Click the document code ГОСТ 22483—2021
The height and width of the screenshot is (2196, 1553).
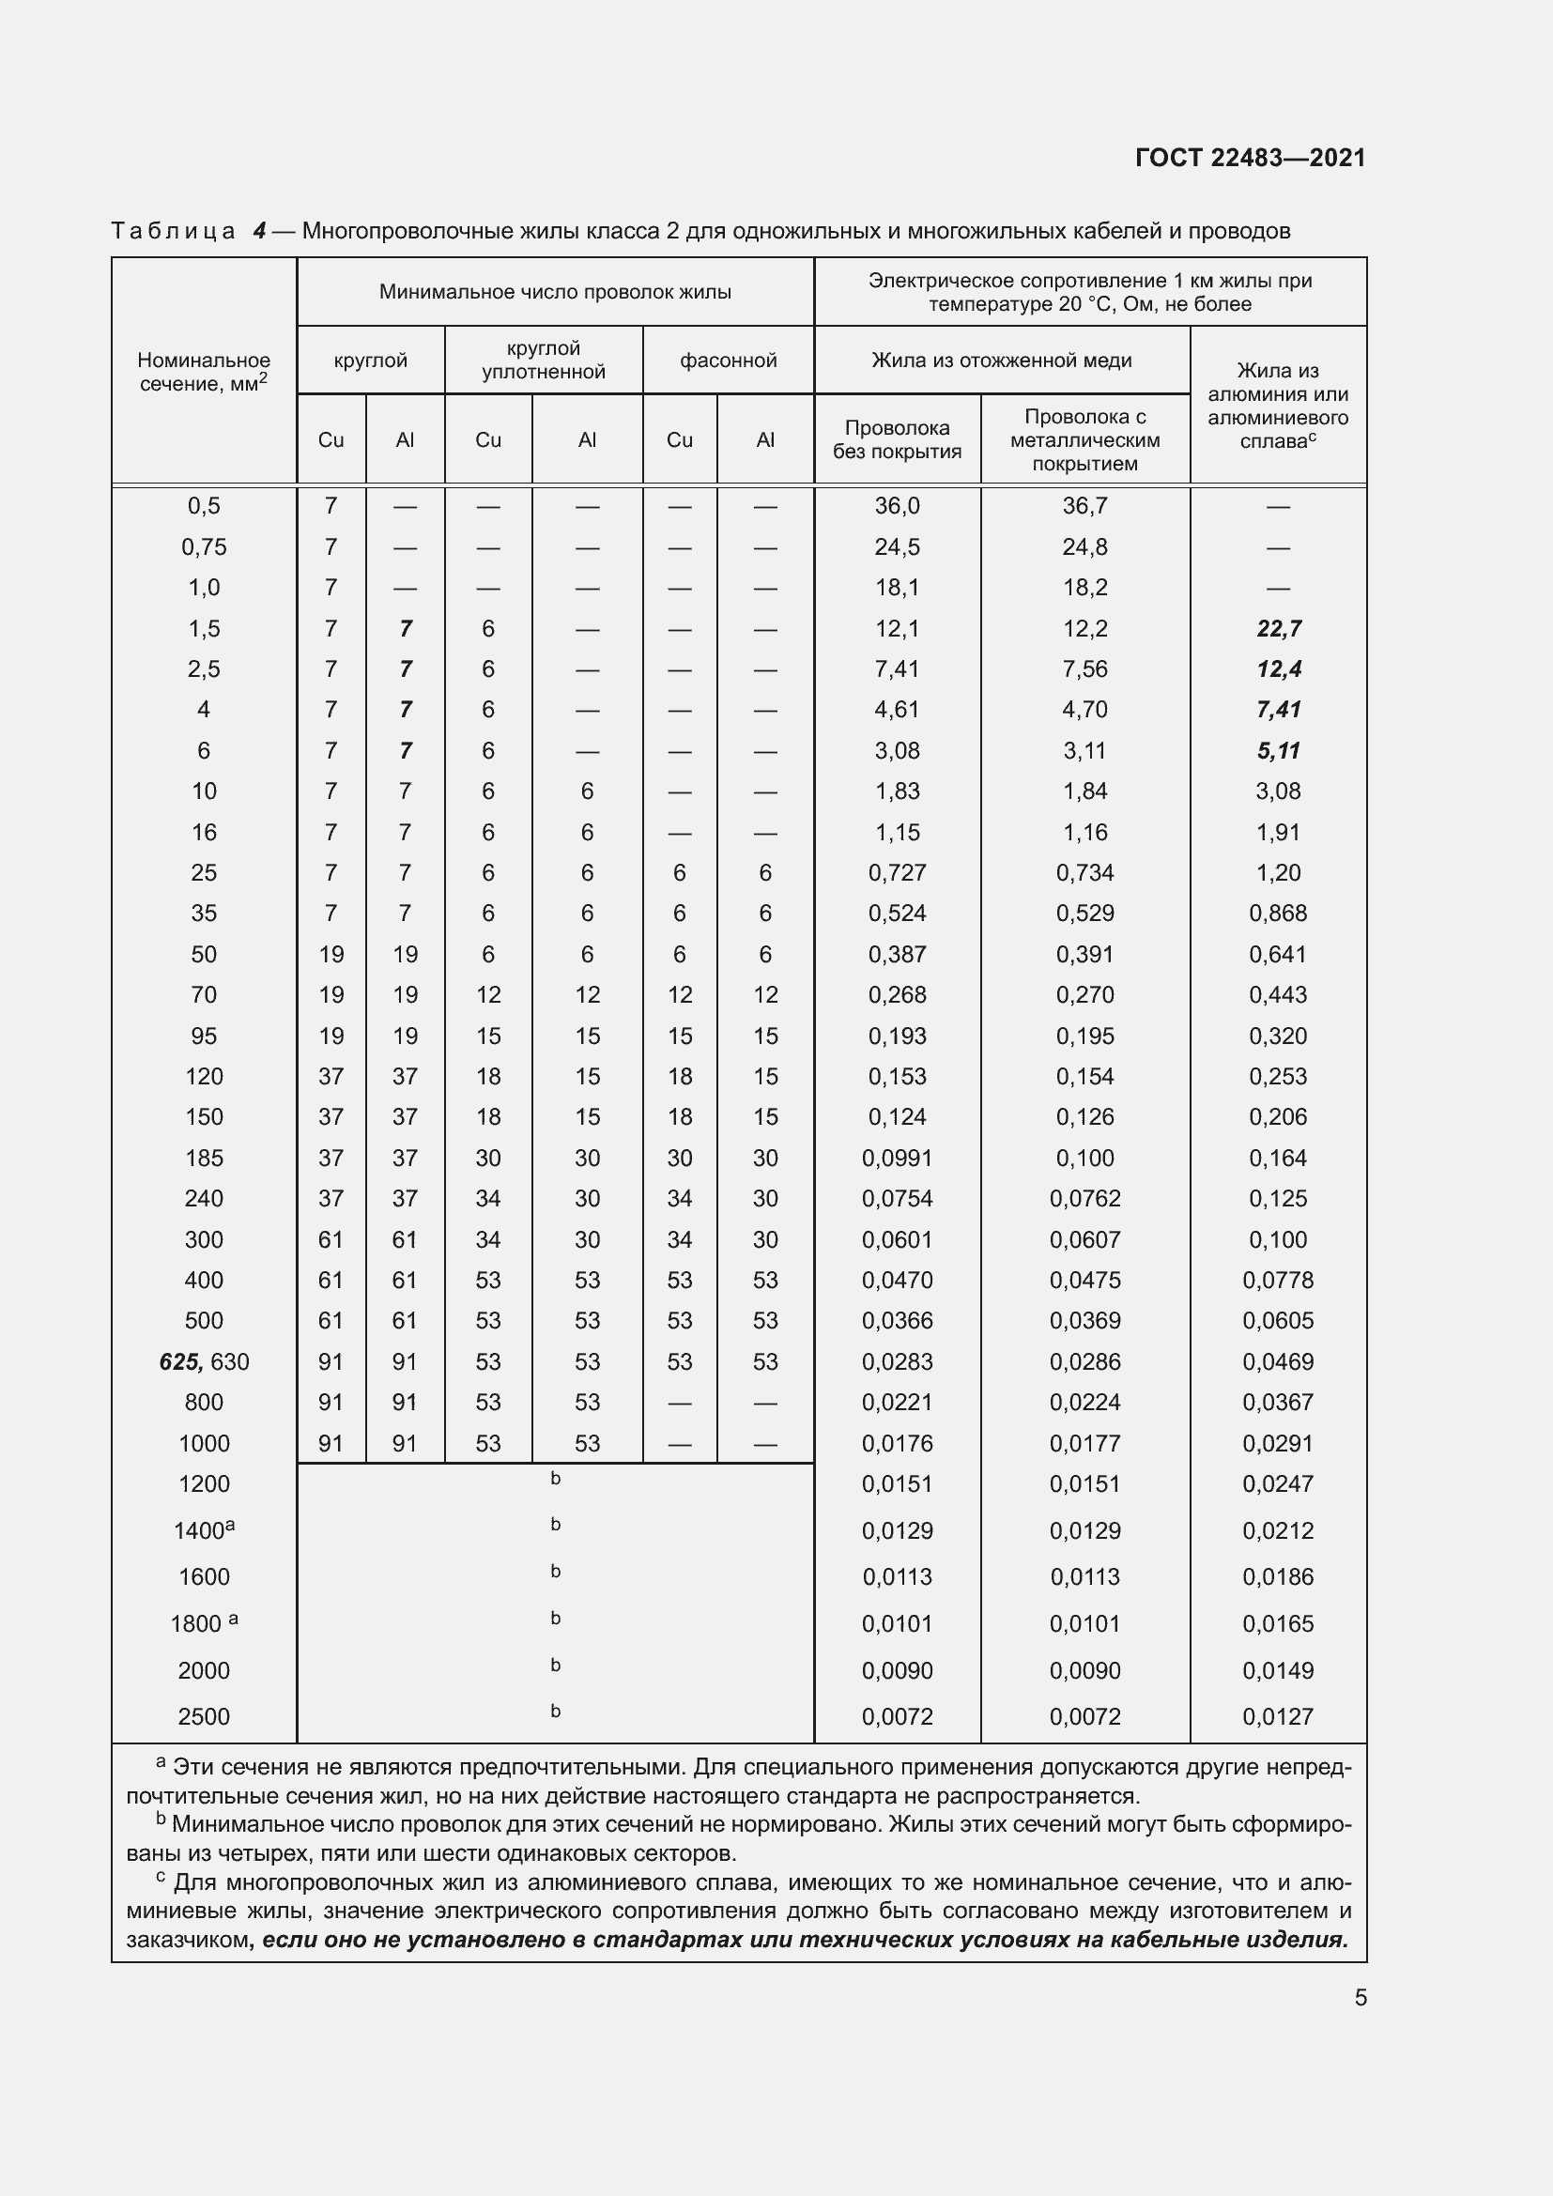(x=1250, y=158)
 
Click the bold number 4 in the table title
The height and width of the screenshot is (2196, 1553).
(x=259, y=231)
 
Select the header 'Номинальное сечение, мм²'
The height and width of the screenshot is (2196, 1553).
(x=204, y=372)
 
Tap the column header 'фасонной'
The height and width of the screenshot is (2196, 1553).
(x=728, y=361)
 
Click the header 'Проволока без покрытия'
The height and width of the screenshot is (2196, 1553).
(x=897, y=440)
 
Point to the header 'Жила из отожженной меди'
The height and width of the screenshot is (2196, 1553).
(x=1001, y=361)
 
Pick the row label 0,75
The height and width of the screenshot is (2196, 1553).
(x=204, y=547)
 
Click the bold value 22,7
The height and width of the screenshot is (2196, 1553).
(x=1279, y=628)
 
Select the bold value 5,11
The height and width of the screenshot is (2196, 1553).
(x=1279, y=751)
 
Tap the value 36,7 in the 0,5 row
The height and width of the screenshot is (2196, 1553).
(x=1084, y=506)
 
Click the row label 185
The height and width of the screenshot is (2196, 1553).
(x=204, y=1159)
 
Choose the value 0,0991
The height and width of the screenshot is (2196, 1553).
(x=897, y=1159)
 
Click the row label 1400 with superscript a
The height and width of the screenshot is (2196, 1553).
(x=204, y=1531)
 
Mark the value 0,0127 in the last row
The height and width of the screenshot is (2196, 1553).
(x=1279, y=1717)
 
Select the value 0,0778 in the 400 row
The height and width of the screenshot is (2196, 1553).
(x=1279, y=1281)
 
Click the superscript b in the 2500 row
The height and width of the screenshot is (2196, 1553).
(x=556, y=1712)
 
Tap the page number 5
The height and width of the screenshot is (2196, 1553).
(x=1360, y=1998)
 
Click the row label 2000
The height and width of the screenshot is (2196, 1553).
(x=204, y=1671)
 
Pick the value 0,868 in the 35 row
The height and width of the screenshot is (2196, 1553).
(x=1279, y=914)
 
